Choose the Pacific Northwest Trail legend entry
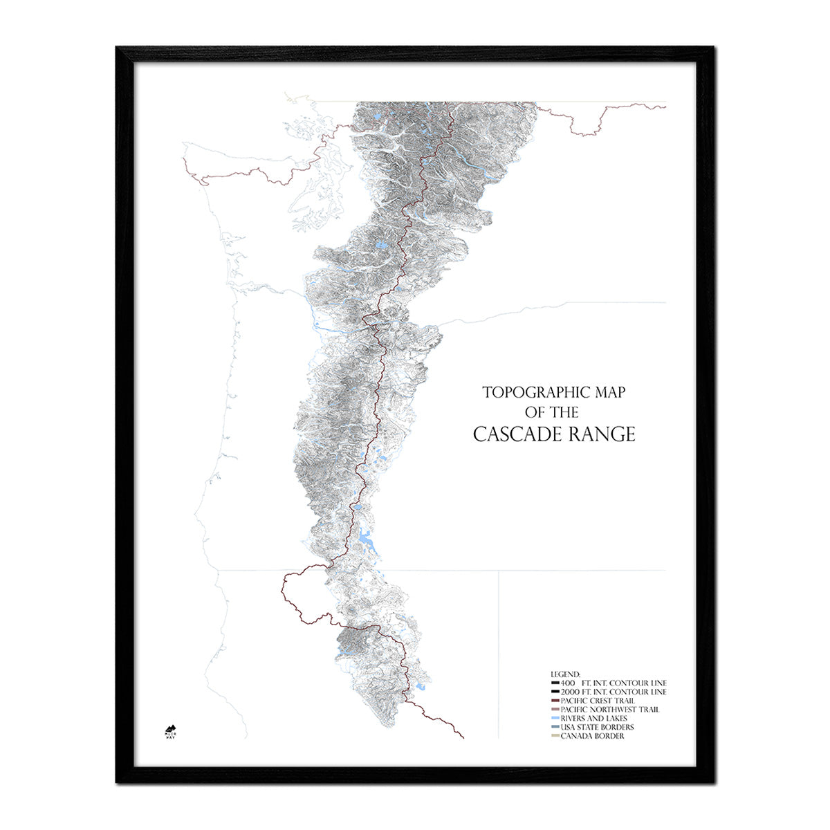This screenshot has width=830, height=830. click(610, 710)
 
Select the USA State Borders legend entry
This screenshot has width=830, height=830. click(597, 728)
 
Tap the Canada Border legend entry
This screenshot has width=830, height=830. click(592, 737)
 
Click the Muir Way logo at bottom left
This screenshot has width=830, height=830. click(171, 730)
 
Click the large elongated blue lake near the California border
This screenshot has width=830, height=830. click(364, 536)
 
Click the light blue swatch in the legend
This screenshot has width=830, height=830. click(555, 719)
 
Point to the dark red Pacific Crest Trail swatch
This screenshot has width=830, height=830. click(555, 701)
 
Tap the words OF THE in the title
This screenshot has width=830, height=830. click(551, 413)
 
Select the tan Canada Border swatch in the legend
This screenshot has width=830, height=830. click(555, 737)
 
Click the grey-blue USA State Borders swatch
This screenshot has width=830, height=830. click(555, 728)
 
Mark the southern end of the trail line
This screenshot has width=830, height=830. click(463, 737)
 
